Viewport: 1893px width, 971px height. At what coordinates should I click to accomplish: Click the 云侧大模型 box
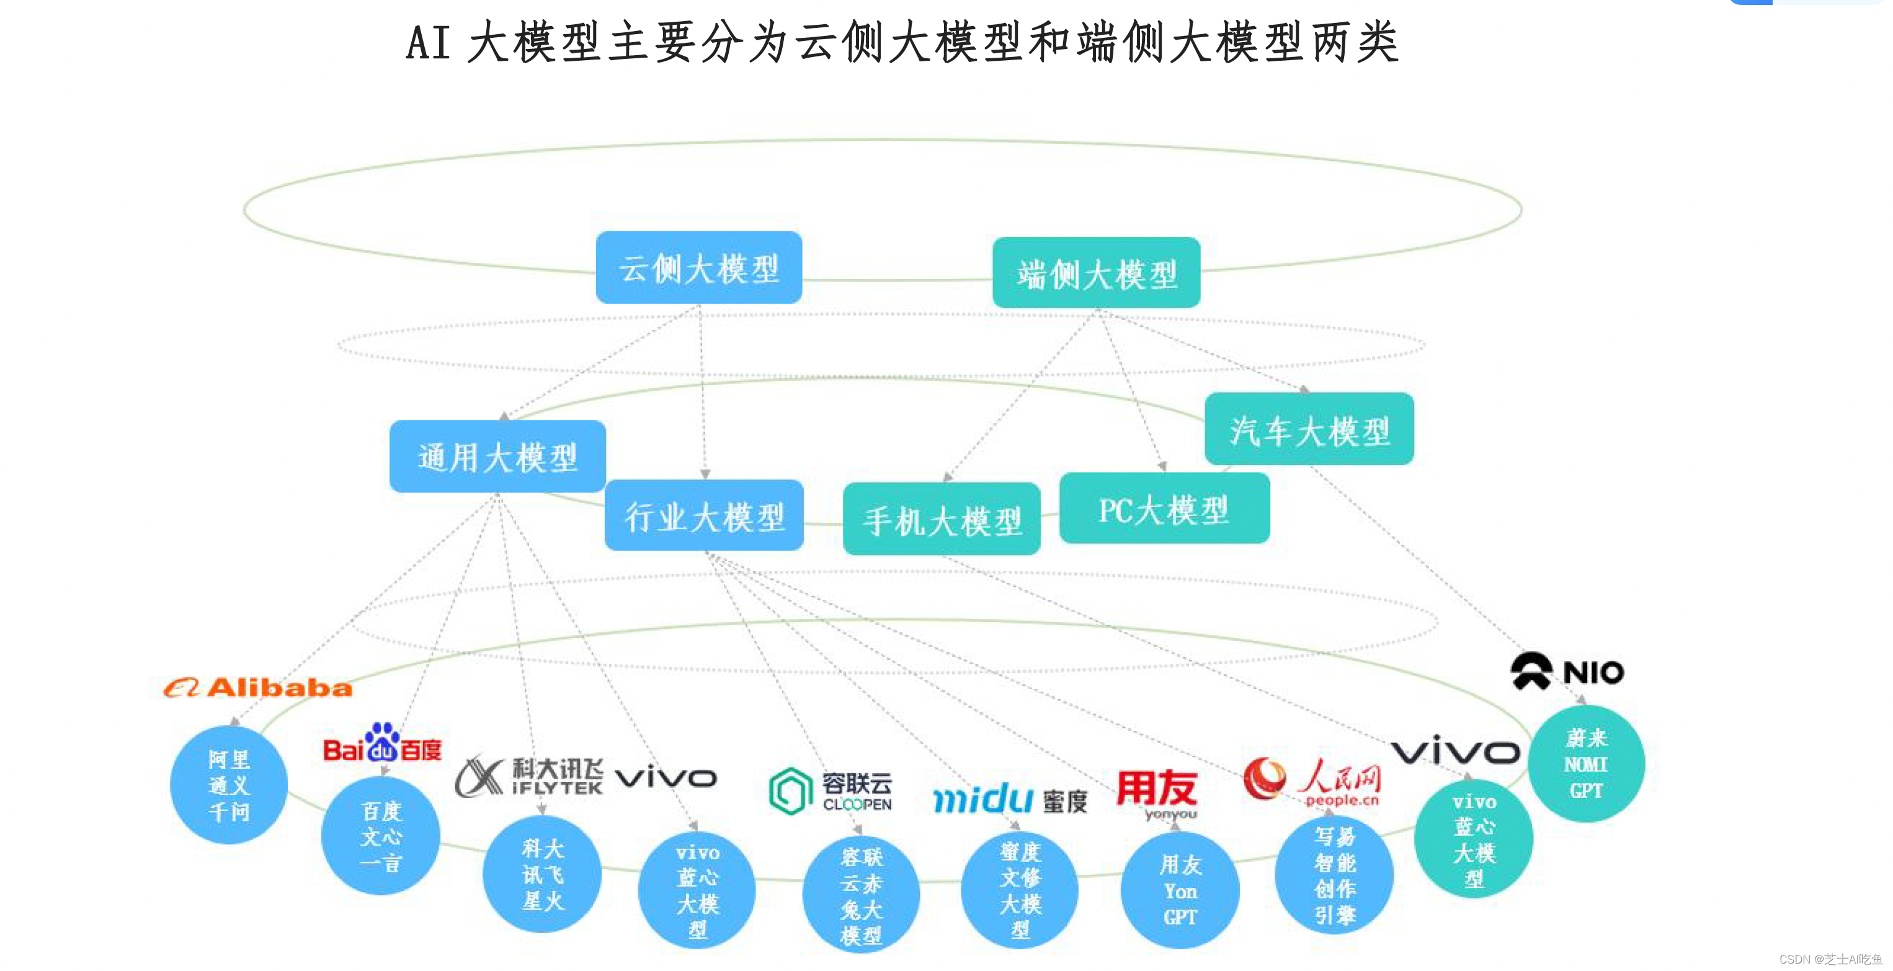[698, 267]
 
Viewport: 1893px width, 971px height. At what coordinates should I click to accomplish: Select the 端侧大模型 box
[1096, 272]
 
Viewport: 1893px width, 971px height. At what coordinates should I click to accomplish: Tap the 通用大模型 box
[497, 456]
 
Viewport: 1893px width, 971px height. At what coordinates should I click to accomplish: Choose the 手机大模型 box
[942, 519]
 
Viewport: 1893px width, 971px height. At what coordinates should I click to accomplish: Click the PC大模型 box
[1164, 508]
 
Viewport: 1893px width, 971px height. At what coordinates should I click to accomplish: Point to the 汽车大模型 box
[1309, 429]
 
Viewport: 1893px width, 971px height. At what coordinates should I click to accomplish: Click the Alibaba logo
[258, 688]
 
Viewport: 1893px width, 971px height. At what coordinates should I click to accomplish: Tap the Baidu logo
[382, 743]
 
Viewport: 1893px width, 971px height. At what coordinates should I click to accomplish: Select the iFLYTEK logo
[529, 777]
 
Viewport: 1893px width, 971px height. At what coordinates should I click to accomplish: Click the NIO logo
[1567, 671]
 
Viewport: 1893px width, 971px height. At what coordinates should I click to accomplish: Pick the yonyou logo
[1157, 793]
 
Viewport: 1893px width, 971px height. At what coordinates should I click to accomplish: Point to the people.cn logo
[1312, 781]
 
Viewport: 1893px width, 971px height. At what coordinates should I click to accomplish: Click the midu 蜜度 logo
[1010, 799]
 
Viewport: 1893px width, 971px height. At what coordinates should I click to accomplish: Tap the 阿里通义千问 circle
[228, 784]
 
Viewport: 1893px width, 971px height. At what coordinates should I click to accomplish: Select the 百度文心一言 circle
[381, 836]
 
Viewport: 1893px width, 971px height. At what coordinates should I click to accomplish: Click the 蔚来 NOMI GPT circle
[1586, 764]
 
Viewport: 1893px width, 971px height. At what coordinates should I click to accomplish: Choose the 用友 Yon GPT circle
[1180, 890]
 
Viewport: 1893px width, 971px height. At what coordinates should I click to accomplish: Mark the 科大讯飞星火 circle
[541, 874]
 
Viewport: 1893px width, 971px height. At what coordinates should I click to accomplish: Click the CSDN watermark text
[1830, 959]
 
